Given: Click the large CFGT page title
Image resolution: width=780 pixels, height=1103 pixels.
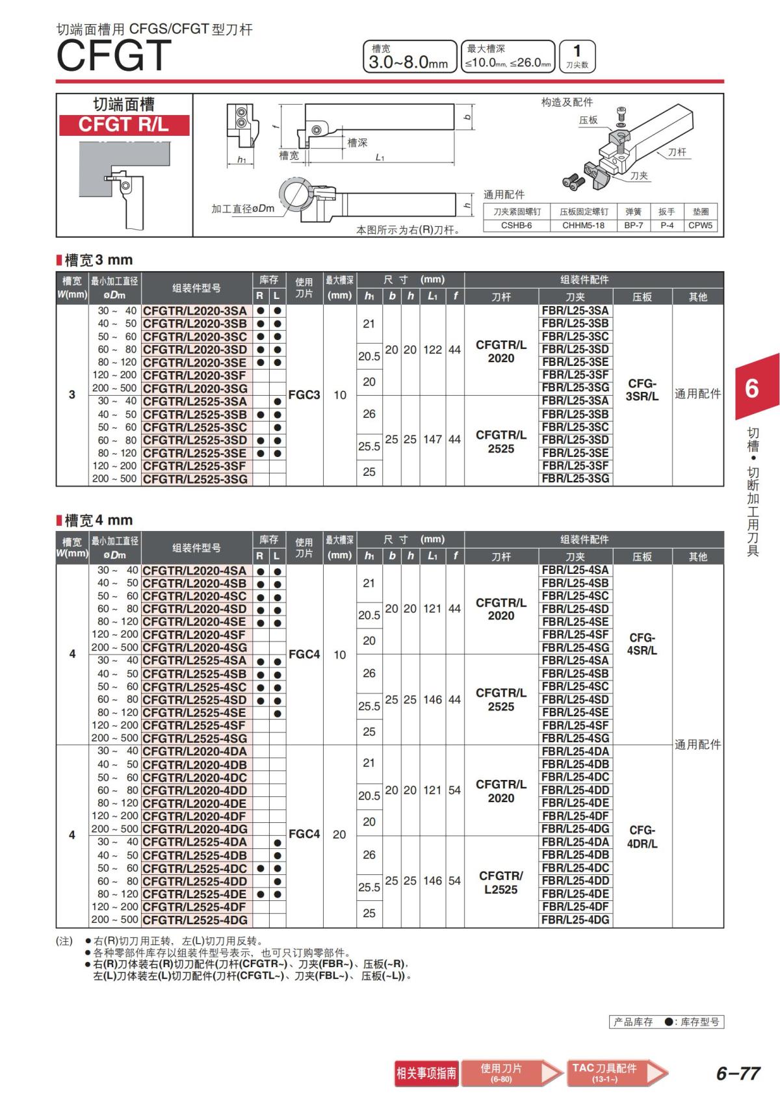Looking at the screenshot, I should click(x=114, y=56).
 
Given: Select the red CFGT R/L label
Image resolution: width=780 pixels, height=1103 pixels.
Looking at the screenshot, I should click(x=123, y=125).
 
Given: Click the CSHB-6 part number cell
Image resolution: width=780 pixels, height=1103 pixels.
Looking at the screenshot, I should click(x=516, y=226).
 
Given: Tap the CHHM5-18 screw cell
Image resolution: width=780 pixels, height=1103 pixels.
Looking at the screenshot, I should click(x=583, y=226).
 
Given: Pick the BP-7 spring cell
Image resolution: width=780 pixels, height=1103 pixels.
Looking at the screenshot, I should click(x=633, y=226).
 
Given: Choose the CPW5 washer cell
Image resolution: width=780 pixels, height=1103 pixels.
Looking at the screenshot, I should click(x=700, y=226).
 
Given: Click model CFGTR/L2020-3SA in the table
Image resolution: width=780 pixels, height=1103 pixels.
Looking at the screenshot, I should click(x=195, y=311).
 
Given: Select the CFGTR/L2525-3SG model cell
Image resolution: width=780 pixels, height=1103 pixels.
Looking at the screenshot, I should click(x=195, y=479).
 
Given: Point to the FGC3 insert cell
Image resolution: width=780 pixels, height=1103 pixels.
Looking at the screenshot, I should click(x=304, y=395).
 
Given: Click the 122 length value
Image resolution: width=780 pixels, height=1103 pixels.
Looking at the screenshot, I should click(x=432, y=350).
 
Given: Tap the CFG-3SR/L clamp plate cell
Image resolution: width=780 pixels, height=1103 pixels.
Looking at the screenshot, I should click(x=642, y=389).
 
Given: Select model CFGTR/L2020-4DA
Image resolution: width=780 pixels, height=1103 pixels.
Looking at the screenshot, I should click(x=195, y=751).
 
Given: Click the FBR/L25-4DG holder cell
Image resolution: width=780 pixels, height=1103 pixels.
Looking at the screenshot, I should click(x=575, y=920).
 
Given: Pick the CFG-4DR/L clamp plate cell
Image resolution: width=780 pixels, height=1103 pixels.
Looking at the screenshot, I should click(x=642, y=837).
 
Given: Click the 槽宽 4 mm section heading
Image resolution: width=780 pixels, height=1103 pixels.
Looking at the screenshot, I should click(x=98, y=520).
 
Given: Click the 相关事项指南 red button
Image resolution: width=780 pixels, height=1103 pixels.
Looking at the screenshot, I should click(x=426, y=1073).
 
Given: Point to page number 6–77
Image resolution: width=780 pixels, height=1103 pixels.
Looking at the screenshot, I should click(x=738, y=1073).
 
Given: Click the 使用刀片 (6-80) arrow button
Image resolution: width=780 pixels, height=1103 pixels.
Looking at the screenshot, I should click(x=507, y=1073).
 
